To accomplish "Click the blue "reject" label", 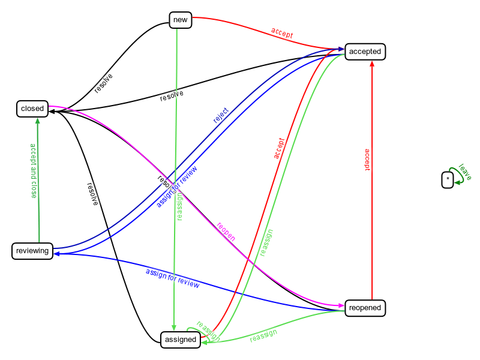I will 221,115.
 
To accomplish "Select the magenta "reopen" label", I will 226,232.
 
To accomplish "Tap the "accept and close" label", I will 34,170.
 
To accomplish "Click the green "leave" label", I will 464,172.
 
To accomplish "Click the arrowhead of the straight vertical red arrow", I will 372,63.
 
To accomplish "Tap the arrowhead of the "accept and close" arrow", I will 38,120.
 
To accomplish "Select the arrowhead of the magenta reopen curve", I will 342,306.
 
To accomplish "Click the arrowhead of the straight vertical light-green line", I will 174,328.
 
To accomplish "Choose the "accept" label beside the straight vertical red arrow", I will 367,160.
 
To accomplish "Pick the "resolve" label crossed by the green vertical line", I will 172,96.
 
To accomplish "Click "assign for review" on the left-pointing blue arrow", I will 172,278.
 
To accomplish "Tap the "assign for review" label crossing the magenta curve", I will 177,186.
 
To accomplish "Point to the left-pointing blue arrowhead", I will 56,254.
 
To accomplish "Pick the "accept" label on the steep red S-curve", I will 279,149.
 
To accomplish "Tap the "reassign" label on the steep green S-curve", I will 266,243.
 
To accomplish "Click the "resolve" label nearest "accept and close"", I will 91,194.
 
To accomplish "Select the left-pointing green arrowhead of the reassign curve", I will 203,343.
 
